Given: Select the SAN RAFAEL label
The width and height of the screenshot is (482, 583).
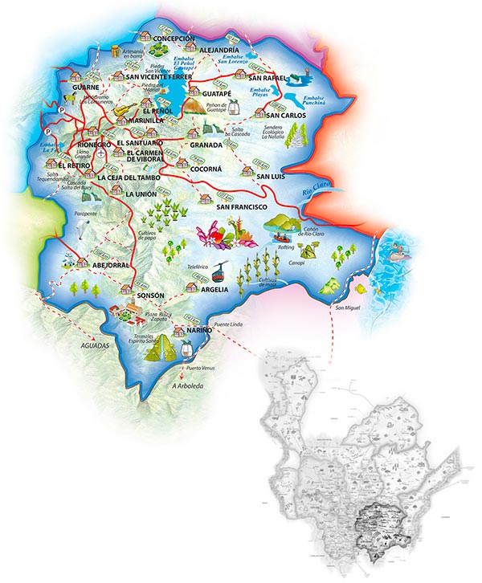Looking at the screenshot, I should (x=268, y=78).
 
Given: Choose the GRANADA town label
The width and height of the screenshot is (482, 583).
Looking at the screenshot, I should (x=217, y=145).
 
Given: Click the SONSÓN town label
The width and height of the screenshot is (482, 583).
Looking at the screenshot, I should (x=151, y=296).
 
